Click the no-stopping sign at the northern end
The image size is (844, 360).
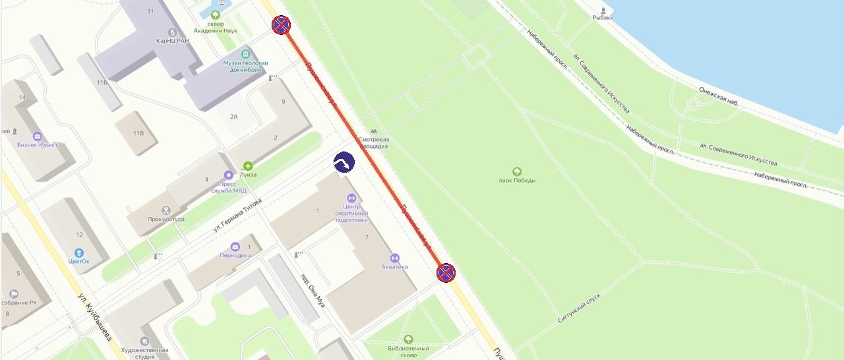pos(282,26)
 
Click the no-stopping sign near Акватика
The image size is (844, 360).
pos(446,272)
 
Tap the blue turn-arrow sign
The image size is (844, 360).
pos(344,162)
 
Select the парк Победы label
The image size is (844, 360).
pos(517,181)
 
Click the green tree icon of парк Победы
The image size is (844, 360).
pos(517,171)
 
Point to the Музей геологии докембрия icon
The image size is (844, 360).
pos(246,53)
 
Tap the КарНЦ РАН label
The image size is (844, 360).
pos(172,41)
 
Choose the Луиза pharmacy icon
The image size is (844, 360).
pos(248,166)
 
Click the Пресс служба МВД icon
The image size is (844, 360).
pos(228,175)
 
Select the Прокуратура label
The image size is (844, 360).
pos(166,219)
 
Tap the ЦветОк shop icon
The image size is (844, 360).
pos(78,253)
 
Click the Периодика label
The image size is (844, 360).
pos(235,255)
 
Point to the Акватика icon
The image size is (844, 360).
pos(395,258)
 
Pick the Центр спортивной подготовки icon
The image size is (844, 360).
pos(351,197)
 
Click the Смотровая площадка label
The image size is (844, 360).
pos(374,143)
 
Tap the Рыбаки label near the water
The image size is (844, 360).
pos(603,18)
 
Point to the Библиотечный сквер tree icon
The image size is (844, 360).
pos(408,339)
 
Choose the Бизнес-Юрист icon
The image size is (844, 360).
pos(38,136)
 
